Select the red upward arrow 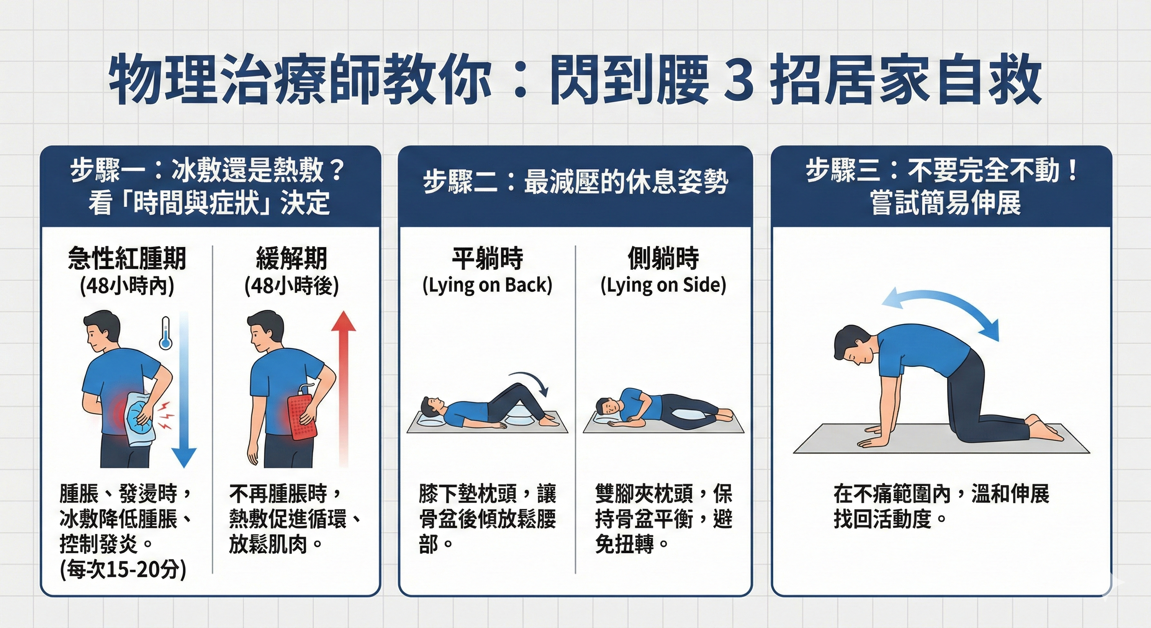(x=343, y=384)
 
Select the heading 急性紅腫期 (x=127, y=259)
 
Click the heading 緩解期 (x=291, y=259)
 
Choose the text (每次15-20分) (x=123, y=570)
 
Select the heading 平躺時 (x=487, y=259)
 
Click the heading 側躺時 (x=663, y=259)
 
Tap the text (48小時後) (x=291, y=287)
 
